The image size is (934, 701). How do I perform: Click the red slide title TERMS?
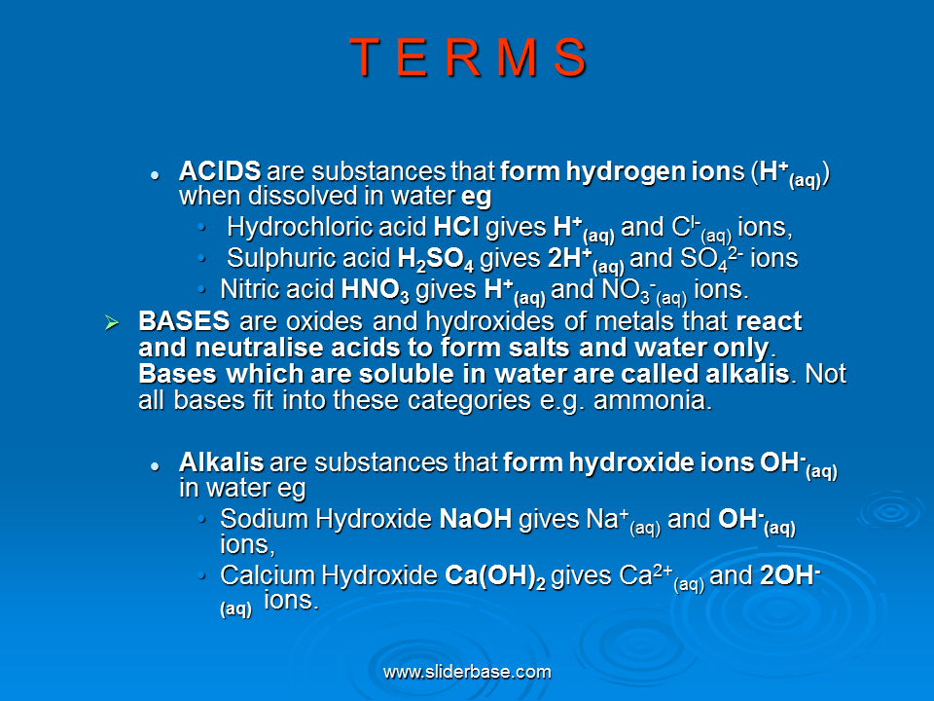click(468, 57)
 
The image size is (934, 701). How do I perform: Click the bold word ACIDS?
click(220, 171)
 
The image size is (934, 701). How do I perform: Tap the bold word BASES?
click(184, 321)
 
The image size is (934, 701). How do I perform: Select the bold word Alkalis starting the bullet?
click(221, 462)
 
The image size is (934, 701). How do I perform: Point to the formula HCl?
click(456, 227)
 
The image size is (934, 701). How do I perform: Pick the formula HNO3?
click(376, 291)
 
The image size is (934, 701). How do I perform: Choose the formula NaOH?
click(476, 519)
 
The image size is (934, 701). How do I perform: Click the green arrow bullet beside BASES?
click(111, 323)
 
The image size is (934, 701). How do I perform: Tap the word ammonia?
click(653, 400)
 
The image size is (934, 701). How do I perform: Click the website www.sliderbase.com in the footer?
click(467, 673)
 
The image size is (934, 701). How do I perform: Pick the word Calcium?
click(268, 575)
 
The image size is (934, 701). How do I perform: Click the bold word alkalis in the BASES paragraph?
click(747, 374)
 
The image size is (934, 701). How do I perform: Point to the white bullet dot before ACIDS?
click(155, 175)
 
